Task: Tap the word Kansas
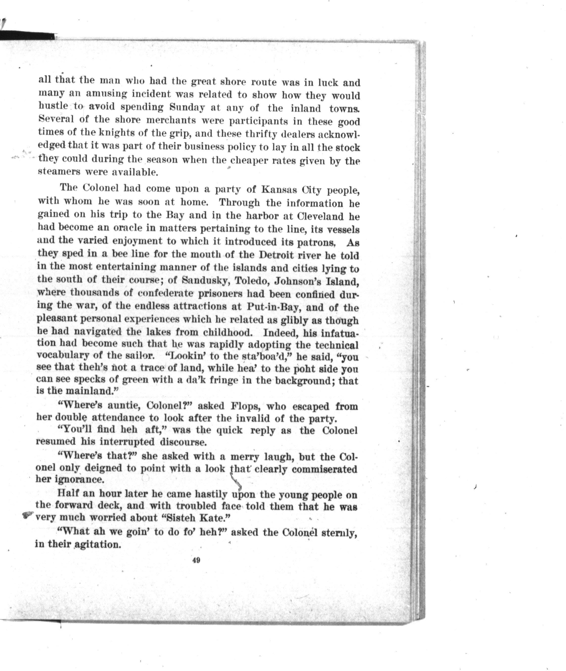tap(279, 189)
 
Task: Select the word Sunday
tap(186, 107)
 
